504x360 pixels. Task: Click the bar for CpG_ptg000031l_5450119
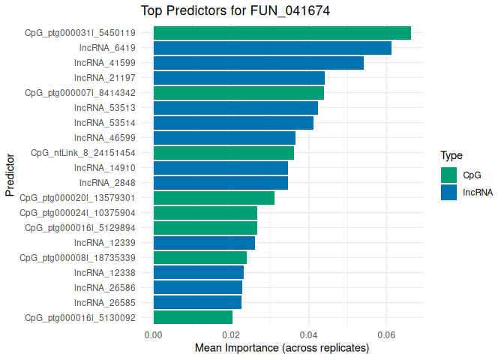(282, 33)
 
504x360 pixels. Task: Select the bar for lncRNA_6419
(272, 48)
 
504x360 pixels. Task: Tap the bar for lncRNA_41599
(259, 63)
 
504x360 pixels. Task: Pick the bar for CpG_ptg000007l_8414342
(238, 93)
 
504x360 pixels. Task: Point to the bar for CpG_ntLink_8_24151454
(223, 153)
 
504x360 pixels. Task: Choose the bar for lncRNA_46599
(224, 138)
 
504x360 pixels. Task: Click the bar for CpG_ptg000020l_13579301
(214, 198)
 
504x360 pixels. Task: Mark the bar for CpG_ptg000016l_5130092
(193, 317)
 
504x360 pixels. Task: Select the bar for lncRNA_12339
(204, 243)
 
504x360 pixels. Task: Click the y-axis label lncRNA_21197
(104, 78)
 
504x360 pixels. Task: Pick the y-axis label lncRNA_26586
(104, 287)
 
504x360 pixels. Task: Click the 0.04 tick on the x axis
(308, 334)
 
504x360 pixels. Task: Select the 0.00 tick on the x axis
(154, 334)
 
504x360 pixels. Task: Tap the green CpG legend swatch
(448, 175)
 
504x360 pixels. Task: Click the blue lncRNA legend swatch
(448, 192)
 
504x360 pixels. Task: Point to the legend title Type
(451, 156)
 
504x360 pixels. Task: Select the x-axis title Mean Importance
(282, 349)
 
